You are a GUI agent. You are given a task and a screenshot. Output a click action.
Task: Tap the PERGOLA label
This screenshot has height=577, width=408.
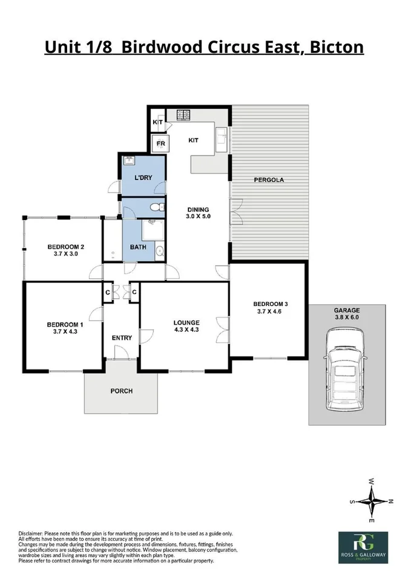269,180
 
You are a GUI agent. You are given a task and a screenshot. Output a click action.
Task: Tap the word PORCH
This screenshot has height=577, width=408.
121,391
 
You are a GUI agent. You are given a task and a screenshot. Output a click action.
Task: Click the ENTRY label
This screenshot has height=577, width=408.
122,337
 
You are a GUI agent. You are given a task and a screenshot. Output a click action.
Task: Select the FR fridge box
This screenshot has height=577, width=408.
161,144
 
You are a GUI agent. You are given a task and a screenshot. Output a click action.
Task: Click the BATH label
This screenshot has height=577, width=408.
137,247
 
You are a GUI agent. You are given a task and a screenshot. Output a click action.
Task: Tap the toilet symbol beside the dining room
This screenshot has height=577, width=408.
157,208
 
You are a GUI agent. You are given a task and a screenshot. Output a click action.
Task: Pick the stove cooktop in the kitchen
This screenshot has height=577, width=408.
184,114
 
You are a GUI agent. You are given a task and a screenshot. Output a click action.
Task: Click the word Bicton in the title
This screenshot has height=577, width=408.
336,47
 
